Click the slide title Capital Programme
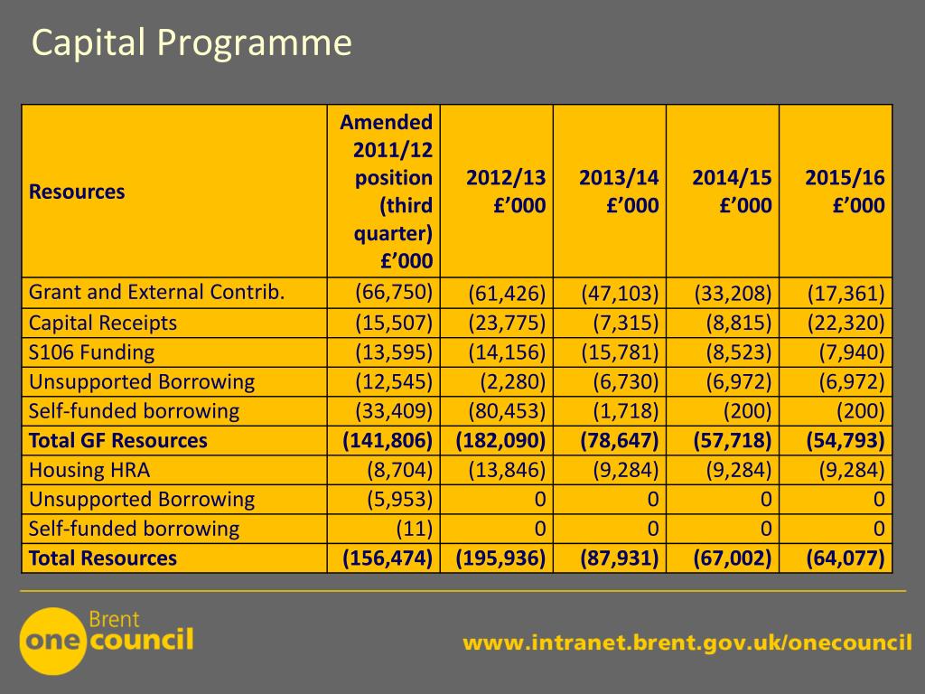tap(192, 43)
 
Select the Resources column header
tap(77, 192)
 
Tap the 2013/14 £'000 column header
tap(619, 192)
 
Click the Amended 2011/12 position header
tap(387, 192)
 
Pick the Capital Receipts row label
tap(103, 323)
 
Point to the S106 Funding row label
tap(91, 352)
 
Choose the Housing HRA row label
tap(89, 470)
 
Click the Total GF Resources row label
tap(117, 441)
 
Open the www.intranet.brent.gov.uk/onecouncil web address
tap(687, 643)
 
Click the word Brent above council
tap(115, 620)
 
